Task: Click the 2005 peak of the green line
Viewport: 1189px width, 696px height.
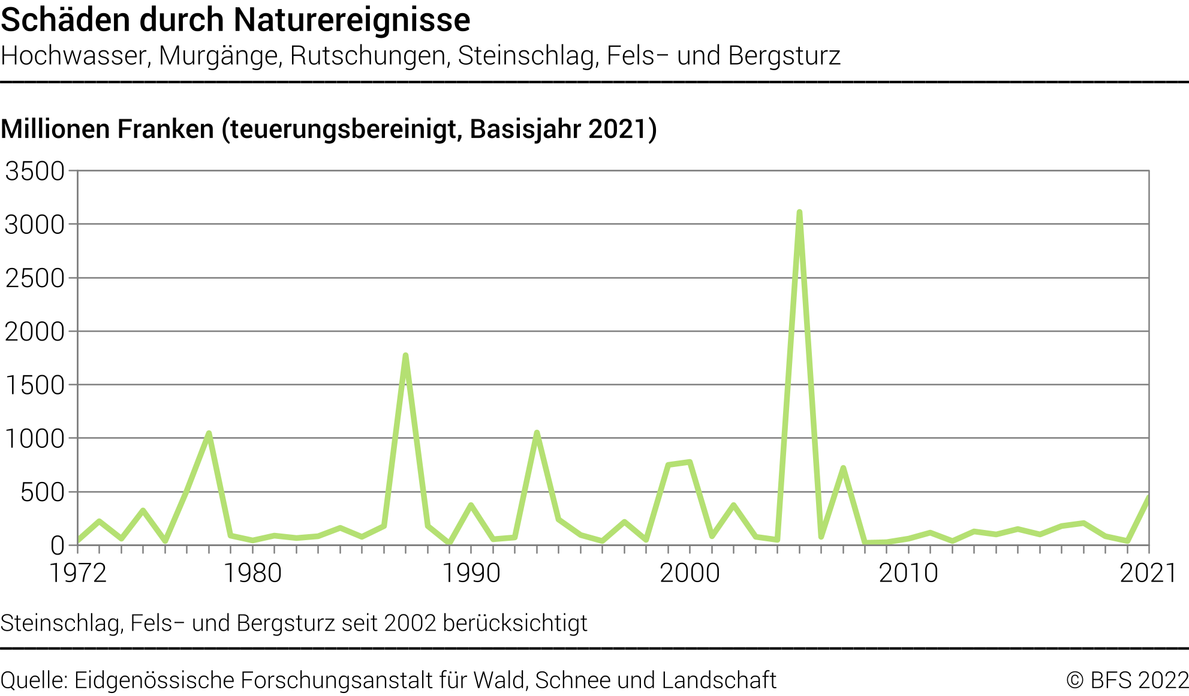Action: (799, 213)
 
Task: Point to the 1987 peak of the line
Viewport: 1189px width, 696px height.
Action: (405, 356)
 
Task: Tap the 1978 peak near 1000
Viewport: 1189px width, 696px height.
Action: (209, 433)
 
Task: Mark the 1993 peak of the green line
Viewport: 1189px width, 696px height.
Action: (537, 433)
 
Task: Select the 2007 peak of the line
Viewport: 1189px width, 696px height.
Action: (843, 468)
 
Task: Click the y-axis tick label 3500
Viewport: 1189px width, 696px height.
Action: (35, 171)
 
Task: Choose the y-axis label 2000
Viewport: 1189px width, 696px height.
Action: (35, 332)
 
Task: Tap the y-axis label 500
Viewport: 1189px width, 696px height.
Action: (42, 492)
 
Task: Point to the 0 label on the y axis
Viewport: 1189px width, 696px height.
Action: (57, 546)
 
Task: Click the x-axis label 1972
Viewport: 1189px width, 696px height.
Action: (77, 573)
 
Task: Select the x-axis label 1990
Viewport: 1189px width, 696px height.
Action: (471, 573)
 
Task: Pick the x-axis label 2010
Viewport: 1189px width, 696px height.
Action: (908, 573)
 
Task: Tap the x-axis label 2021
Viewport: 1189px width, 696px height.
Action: (1148, 573)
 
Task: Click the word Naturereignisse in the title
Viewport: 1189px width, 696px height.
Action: (352, 20)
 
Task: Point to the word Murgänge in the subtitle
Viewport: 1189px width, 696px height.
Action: (218, 56)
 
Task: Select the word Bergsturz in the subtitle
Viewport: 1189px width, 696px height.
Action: (784, 56)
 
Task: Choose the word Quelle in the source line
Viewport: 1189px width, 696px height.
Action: (34, 680)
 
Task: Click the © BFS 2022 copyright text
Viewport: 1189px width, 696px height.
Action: (1127, 680)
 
